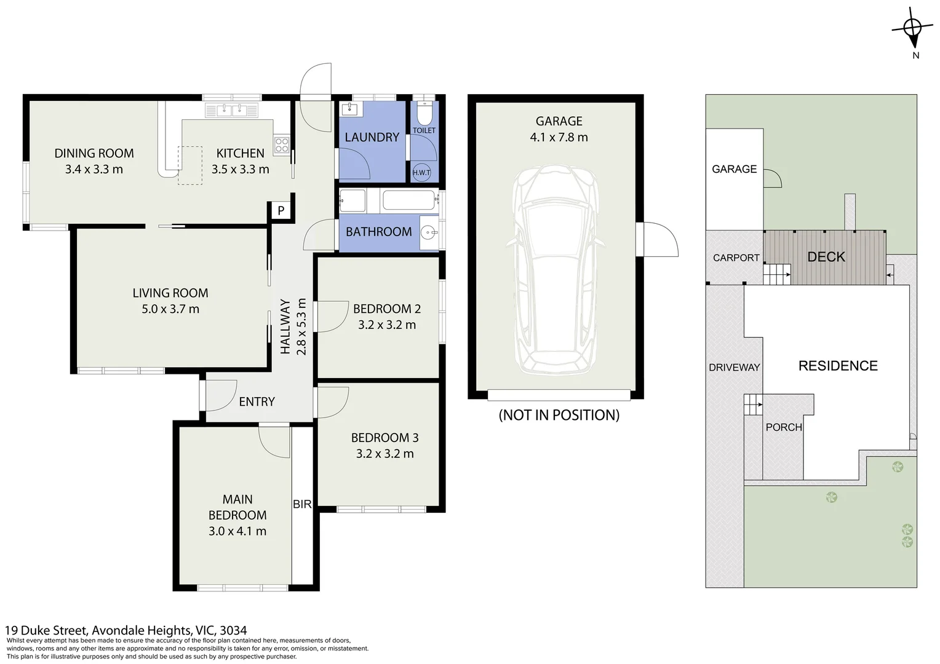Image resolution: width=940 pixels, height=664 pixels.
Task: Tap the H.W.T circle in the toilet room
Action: point(421,172)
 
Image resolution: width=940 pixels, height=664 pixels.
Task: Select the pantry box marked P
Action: point(281,210)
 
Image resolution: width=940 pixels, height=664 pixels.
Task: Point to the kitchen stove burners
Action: point(282,145)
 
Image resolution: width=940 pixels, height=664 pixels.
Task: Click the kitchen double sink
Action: point(232,110)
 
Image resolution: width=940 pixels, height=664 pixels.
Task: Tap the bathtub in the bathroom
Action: point(408,200)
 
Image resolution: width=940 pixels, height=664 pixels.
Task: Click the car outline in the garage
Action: point(556,270)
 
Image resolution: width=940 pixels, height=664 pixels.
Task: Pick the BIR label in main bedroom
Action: point(302,504)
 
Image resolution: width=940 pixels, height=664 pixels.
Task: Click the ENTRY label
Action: point(257,402)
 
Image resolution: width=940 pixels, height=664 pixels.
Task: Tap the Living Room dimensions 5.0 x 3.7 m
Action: point(170,309)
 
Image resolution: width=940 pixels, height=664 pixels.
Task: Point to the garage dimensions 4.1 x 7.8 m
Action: point(559,137)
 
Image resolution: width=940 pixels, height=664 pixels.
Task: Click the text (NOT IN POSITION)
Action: point(559,415)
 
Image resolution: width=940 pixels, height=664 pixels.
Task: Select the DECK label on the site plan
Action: point(826,257)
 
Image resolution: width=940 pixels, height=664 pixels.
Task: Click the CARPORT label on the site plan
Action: point(736,258)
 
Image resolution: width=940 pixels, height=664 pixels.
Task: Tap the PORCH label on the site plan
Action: point(784,427)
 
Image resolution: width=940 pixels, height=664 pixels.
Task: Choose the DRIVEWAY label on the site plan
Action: point(735,368)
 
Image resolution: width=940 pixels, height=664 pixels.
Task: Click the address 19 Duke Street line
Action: point(126,630)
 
